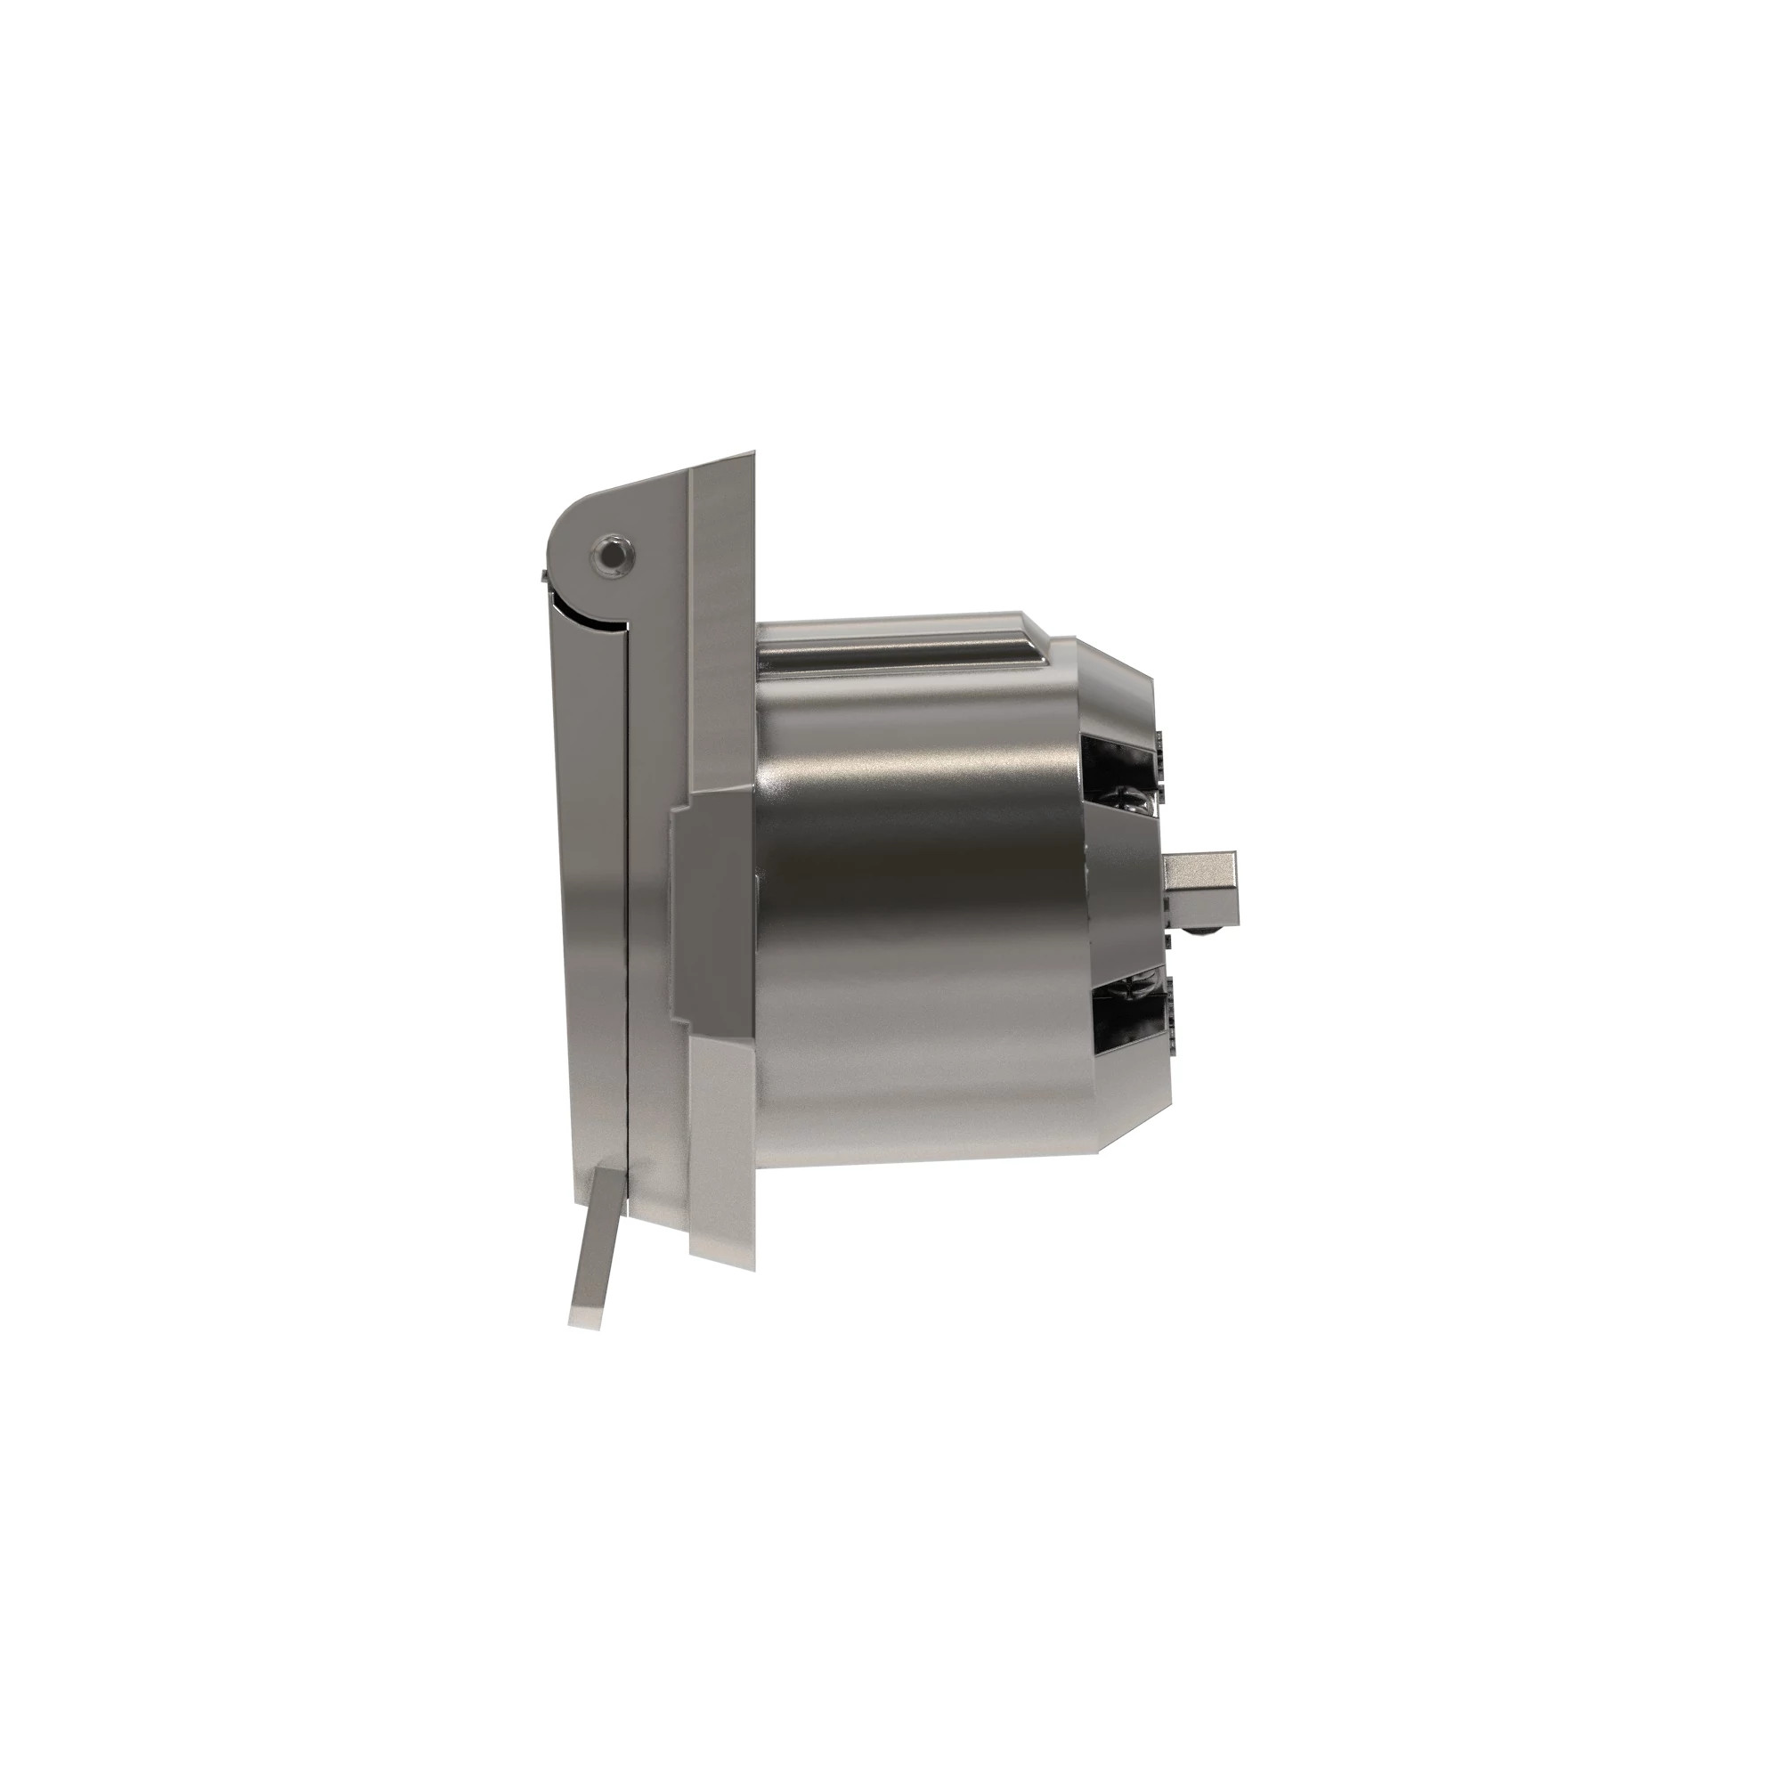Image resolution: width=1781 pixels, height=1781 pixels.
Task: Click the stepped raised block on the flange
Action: click(710, 913)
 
